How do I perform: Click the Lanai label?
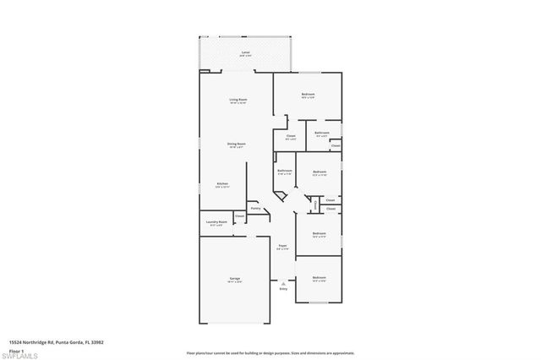point(245,52)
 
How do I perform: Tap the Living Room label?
point(238,100)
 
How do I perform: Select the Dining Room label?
point(236,144)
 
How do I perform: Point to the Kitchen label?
point(221,183)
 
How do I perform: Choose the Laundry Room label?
point(216,222)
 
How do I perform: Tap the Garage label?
point(234,278)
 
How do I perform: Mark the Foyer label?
point(283,246)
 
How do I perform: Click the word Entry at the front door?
point(283,289)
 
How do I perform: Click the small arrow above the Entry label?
point(283,282)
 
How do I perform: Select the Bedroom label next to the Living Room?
point(308,94)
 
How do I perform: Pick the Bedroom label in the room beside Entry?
point(319,278)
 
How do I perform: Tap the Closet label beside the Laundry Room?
point(240,215)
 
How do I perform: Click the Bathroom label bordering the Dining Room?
point(284,172)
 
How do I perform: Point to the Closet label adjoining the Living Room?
point(290,136)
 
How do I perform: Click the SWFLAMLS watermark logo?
point(24,352)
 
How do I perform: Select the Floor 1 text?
point(15,349)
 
